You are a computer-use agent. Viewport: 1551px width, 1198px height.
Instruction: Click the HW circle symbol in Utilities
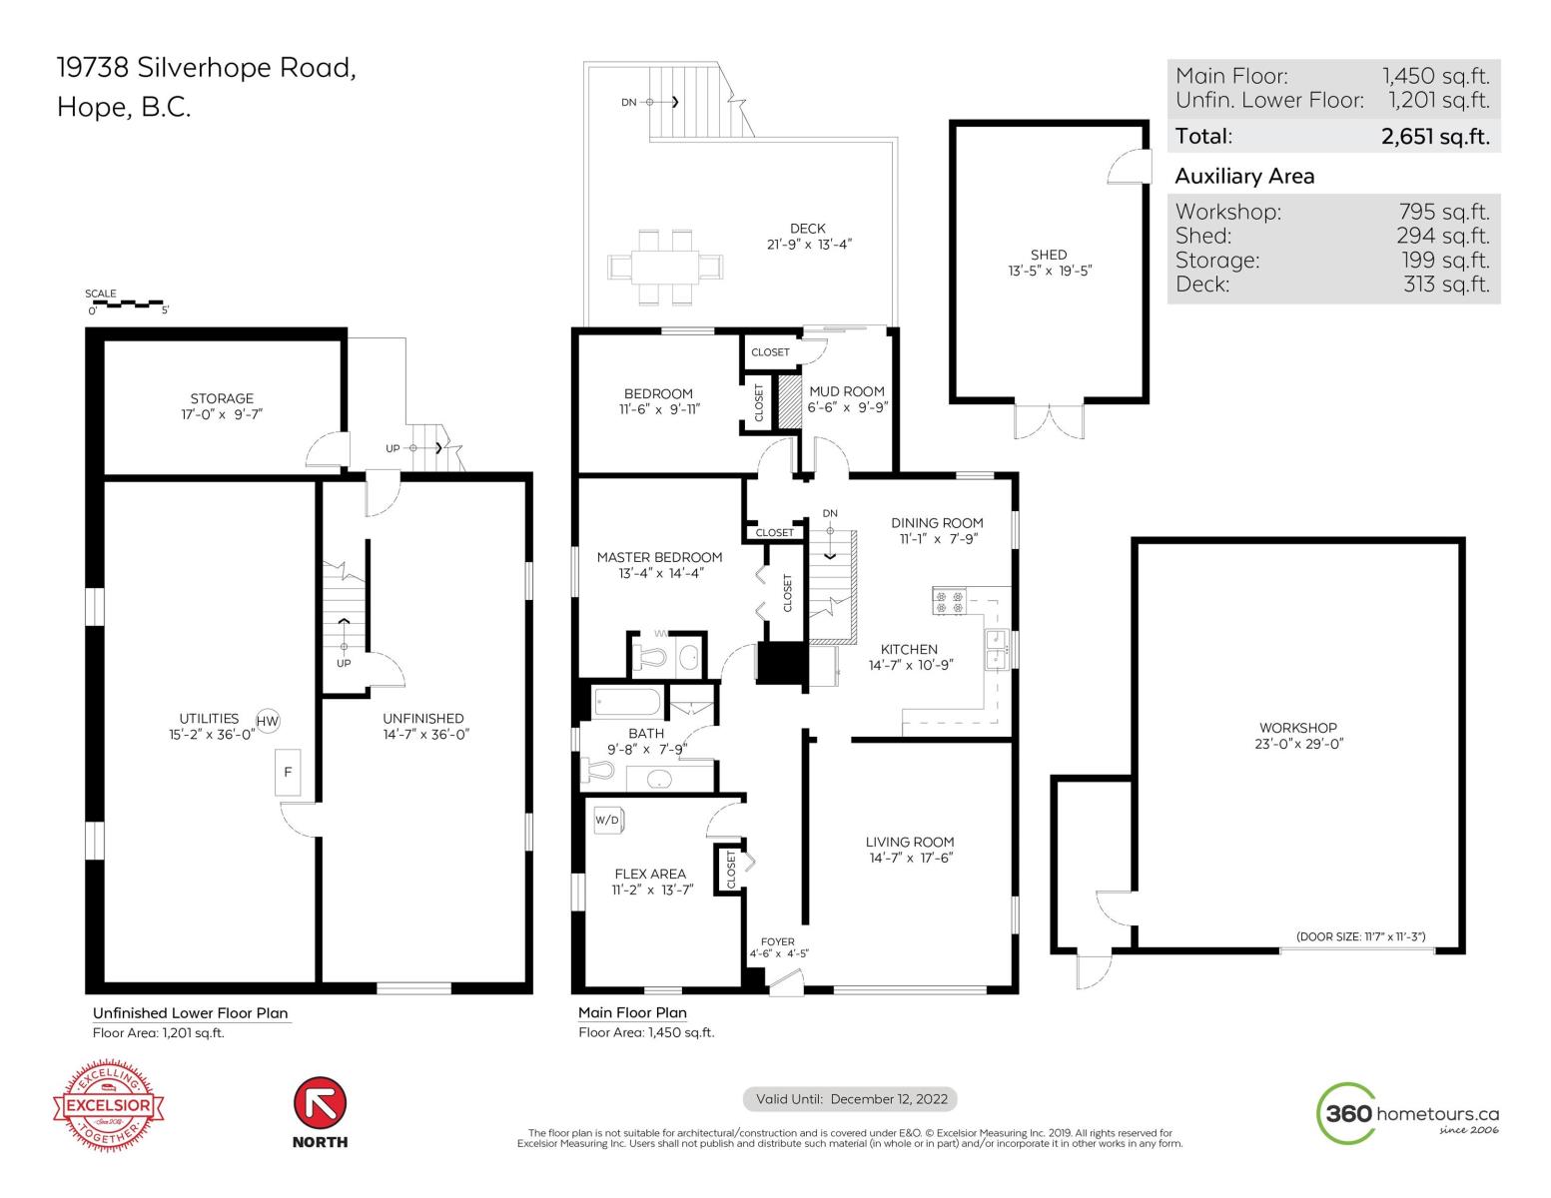(x=267, y=721)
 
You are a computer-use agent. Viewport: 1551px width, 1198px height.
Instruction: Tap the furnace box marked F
(x=288, y=772)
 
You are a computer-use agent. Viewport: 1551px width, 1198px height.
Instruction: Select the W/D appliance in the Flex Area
(x=609, y=820)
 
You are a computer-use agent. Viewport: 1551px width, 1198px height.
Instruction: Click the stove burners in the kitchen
(x=950, y=601)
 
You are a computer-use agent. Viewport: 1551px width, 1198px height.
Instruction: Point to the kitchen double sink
(x=997, y=649)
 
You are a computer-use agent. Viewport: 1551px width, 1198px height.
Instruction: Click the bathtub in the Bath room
(x=626, y=702)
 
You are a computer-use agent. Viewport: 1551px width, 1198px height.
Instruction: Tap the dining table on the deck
(x=664, y=267)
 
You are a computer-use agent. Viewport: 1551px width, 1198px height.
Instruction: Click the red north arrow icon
(x=320, y=1103)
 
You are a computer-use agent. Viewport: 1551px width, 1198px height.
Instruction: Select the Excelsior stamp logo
(x=109, y=1105)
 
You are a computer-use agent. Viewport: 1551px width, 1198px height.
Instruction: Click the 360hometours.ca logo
(x=1407, y=1113)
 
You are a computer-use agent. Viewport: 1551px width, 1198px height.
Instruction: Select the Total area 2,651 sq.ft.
(x=1435, y=137)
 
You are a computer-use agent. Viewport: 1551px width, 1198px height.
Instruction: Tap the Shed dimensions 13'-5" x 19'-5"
(x=1050, y=271)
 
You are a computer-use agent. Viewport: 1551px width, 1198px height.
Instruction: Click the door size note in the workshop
(x=1360, y=936)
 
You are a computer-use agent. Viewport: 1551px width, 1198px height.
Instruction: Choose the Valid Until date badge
(x=849, y=1099)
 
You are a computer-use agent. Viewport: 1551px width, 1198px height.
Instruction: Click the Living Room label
(x=910, y=842)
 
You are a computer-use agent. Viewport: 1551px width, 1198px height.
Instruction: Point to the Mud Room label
(x=847, y=391)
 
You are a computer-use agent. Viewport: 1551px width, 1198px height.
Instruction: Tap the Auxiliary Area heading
(x=1244, y=177)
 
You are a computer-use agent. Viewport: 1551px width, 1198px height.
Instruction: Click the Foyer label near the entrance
(x=777, y=941)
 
